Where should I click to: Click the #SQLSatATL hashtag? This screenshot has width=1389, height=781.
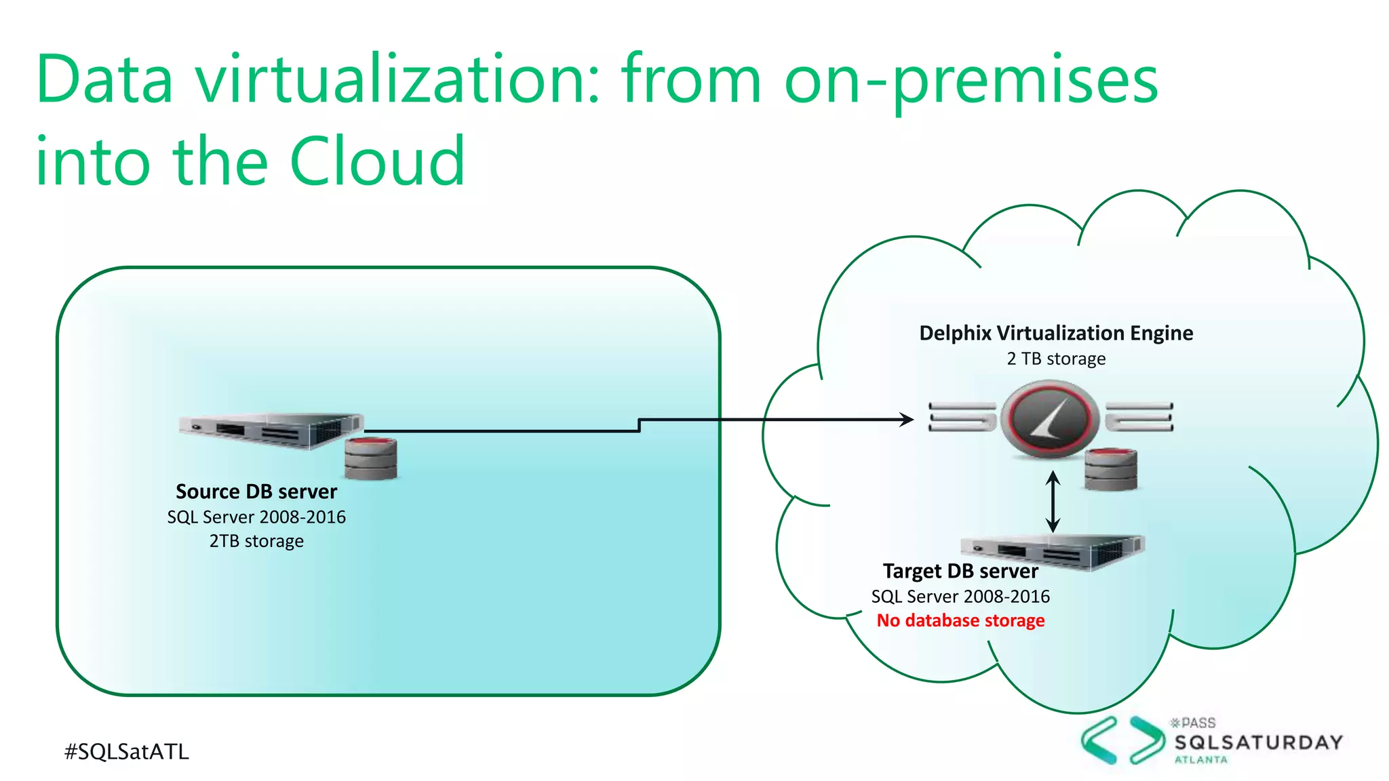127,751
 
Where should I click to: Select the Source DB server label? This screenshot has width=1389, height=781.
256,491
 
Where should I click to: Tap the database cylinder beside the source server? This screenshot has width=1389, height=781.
370,459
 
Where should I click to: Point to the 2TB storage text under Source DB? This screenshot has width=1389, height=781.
256,541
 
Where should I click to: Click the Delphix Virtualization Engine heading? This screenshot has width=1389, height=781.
1056,333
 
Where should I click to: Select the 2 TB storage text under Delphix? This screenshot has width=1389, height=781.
1056,359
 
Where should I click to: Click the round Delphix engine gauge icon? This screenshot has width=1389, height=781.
1050,419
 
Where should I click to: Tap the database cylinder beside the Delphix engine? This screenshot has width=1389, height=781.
1110,469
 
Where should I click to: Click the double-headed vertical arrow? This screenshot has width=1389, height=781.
1053,502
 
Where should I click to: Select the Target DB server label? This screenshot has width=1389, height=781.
960,571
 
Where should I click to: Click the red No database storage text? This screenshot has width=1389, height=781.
960,620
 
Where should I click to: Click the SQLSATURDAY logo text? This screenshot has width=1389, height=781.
1259,742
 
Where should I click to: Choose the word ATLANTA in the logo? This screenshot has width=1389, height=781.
1200,760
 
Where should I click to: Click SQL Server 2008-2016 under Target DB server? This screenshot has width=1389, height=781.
960,597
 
